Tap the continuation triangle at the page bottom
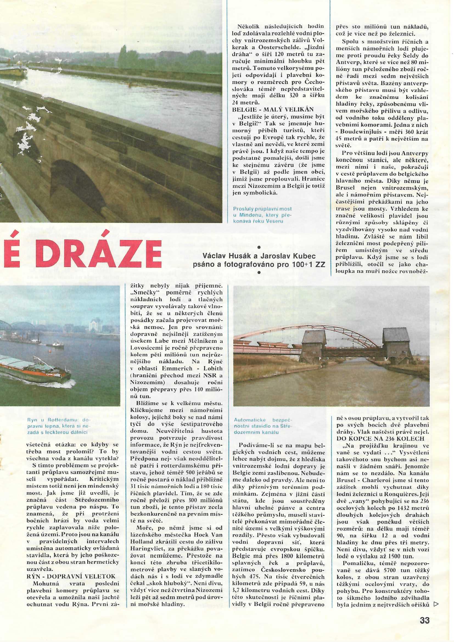coord(435,602)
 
